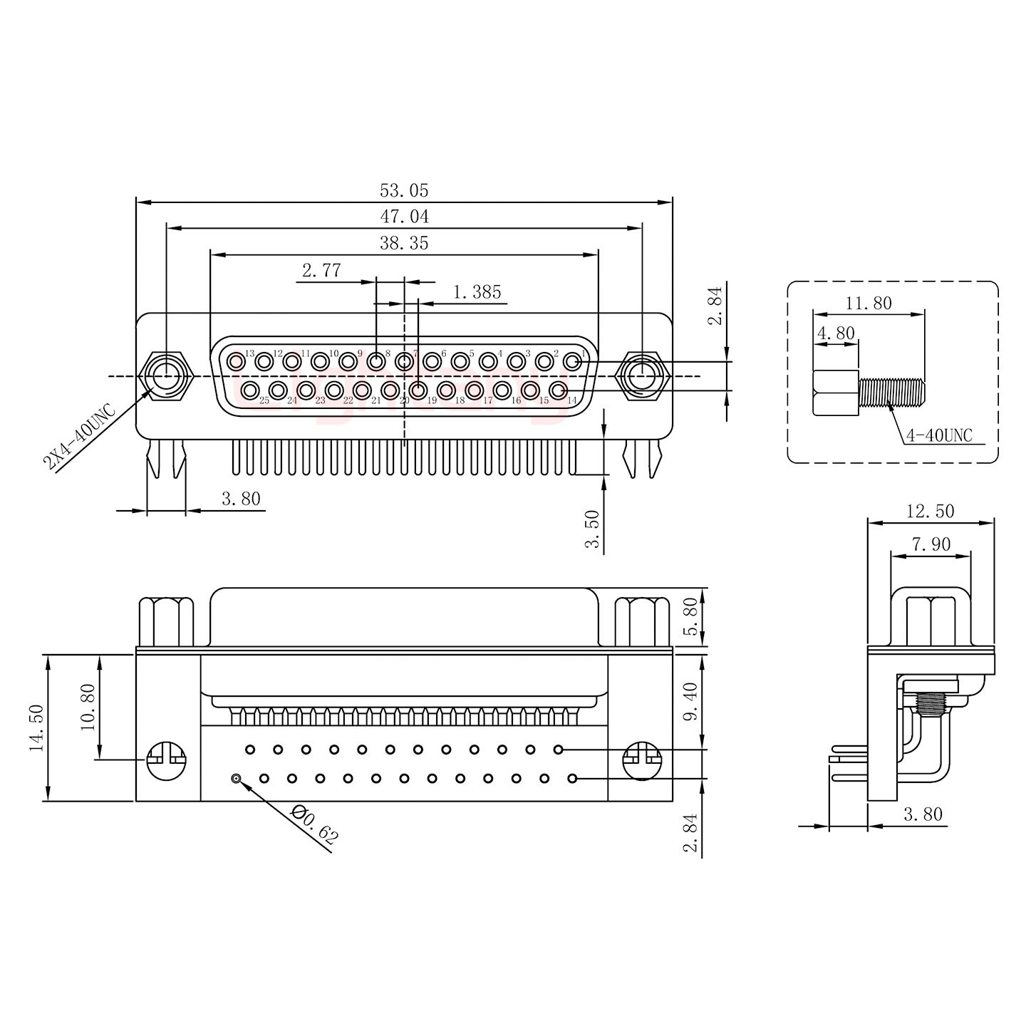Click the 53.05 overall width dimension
[404, 190]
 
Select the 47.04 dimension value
[404, 216]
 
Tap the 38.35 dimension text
[404, 243]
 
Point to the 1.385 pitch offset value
[477, 291]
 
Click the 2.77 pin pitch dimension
[321, 270]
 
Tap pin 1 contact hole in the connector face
[572, 362]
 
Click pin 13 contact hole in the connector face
[236, 362]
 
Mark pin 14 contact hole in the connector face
[559, 390]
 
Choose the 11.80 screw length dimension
[869, 303]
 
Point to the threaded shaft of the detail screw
[892, 392]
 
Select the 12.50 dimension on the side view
[930, 511]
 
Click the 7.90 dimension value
[931, 544]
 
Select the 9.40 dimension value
[690, 701]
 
